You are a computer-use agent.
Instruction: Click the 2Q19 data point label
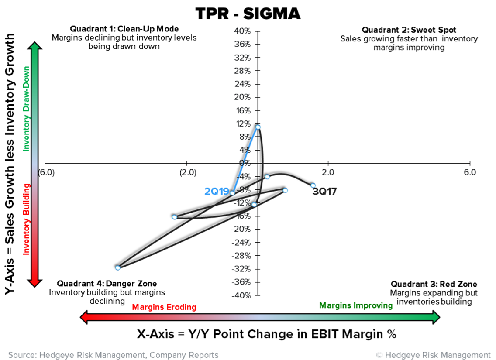point(217,191)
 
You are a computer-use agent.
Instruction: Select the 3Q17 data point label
point(324,191)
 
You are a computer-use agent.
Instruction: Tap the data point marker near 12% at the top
point(258,127)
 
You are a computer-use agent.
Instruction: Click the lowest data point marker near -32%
point(117,267)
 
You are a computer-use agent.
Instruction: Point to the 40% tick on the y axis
point(243,31)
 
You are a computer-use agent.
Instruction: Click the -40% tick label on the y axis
point(241,295)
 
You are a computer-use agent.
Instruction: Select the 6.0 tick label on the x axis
point(470,172)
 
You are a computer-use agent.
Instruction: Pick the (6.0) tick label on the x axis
point(46,172)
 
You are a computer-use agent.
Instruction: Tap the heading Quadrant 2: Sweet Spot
point(409,30)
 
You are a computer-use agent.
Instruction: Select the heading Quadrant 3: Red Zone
point(434,284)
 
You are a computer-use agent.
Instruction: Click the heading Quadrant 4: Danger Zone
point(107,284)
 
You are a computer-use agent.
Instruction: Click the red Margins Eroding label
point(164,307)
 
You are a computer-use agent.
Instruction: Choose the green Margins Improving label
point(356,305)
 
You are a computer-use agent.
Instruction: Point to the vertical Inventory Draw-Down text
point(27,109)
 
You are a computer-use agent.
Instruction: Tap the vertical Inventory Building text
point(27,219)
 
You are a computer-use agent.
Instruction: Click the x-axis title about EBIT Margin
point(267,334)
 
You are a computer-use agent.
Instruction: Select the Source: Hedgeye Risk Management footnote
point(113,355)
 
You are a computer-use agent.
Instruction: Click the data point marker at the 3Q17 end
point(313,185)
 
